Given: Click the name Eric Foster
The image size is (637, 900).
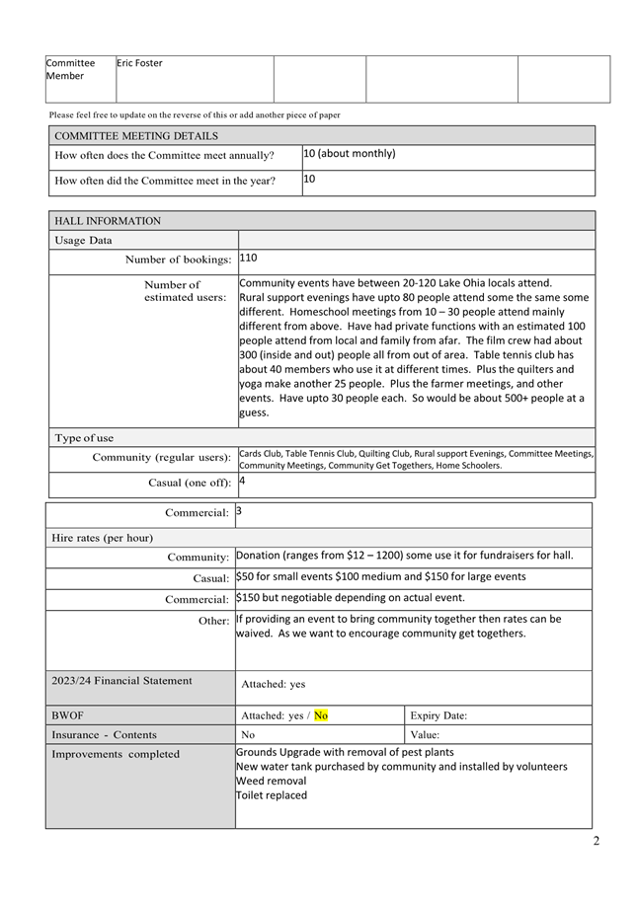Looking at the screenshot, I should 139,63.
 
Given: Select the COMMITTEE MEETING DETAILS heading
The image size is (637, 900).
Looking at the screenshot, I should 136,136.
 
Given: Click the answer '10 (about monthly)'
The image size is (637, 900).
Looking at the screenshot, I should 350,154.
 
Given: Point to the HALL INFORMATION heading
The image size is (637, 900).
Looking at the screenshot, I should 108,221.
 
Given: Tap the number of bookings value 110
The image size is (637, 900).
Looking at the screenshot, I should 249,258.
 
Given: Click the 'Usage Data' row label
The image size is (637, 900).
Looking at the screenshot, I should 83,240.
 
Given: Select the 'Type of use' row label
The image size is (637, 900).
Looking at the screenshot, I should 84,438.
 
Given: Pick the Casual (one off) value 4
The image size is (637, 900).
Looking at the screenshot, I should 243,482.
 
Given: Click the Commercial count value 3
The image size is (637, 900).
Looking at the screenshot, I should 239,511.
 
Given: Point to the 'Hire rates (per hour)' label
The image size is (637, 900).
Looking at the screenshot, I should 102,538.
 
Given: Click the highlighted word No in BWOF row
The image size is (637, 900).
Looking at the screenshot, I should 321,715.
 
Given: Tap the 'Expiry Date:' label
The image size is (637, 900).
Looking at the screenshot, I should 438,715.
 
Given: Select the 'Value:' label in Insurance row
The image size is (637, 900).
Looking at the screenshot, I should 426,735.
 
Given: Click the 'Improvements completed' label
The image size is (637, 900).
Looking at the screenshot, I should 116,754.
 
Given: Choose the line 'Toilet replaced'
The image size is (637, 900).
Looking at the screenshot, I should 272,795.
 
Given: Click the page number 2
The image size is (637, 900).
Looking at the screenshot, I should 596,842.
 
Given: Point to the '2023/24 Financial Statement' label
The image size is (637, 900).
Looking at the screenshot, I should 121,680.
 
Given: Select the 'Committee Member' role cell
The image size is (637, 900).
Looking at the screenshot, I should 70,69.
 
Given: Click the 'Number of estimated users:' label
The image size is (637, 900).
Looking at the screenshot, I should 185,291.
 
